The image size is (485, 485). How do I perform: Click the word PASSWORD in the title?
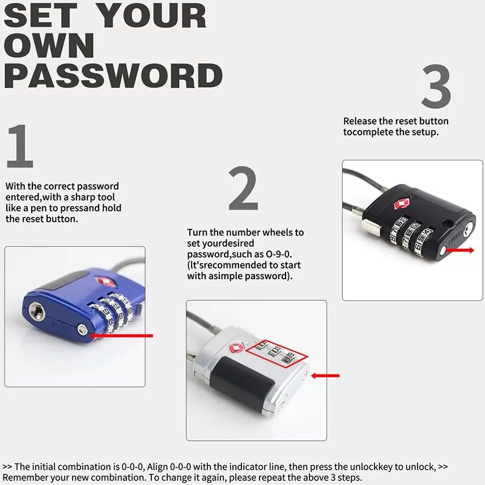113,76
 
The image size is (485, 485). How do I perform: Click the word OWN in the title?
49,46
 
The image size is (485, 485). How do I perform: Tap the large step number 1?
20,146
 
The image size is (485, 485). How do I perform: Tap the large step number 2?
243,188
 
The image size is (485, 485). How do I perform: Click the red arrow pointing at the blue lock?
122,335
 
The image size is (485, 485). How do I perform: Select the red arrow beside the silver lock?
325,376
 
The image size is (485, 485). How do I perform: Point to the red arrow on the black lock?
460,250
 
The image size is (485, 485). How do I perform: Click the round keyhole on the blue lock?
37,311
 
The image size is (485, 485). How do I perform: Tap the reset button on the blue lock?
83,329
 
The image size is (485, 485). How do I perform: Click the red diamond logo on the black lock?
401,204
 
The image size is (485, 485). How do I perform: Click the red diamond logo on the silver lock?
236,348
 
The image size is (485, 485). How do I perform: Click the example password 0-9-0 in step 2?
279,254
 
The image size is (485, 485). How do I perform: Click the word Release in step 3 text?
360,121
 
